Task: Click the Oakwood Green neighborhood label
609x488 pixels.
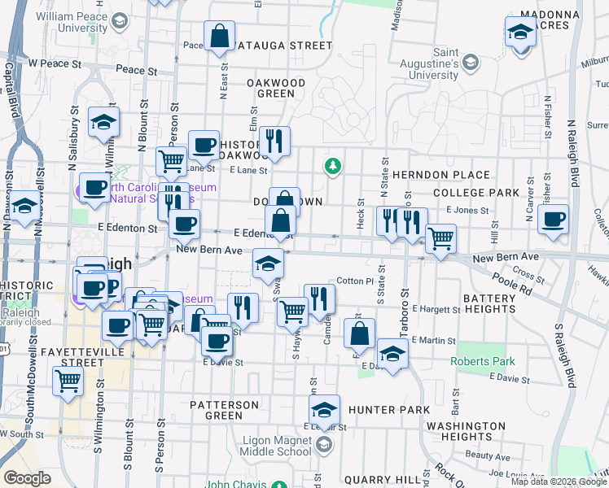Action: (275, 88)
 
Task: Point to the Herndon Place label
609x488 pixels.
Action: (440, 175)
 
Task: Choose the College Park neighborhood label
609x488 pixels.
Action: (476, 193)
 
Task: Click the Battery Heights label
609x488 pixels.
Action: (489, 304)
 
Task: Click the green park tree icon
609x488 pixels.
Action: (332, 168)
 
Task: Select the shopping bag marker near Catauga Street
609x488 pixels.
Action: (219, 37)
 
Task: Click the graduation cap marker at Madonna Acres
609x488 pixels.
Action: (519, 33)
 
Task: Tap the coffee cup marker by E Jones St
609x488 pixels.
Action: (553, 219)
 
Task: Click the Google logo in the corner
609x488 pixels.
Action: (27, 478)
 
